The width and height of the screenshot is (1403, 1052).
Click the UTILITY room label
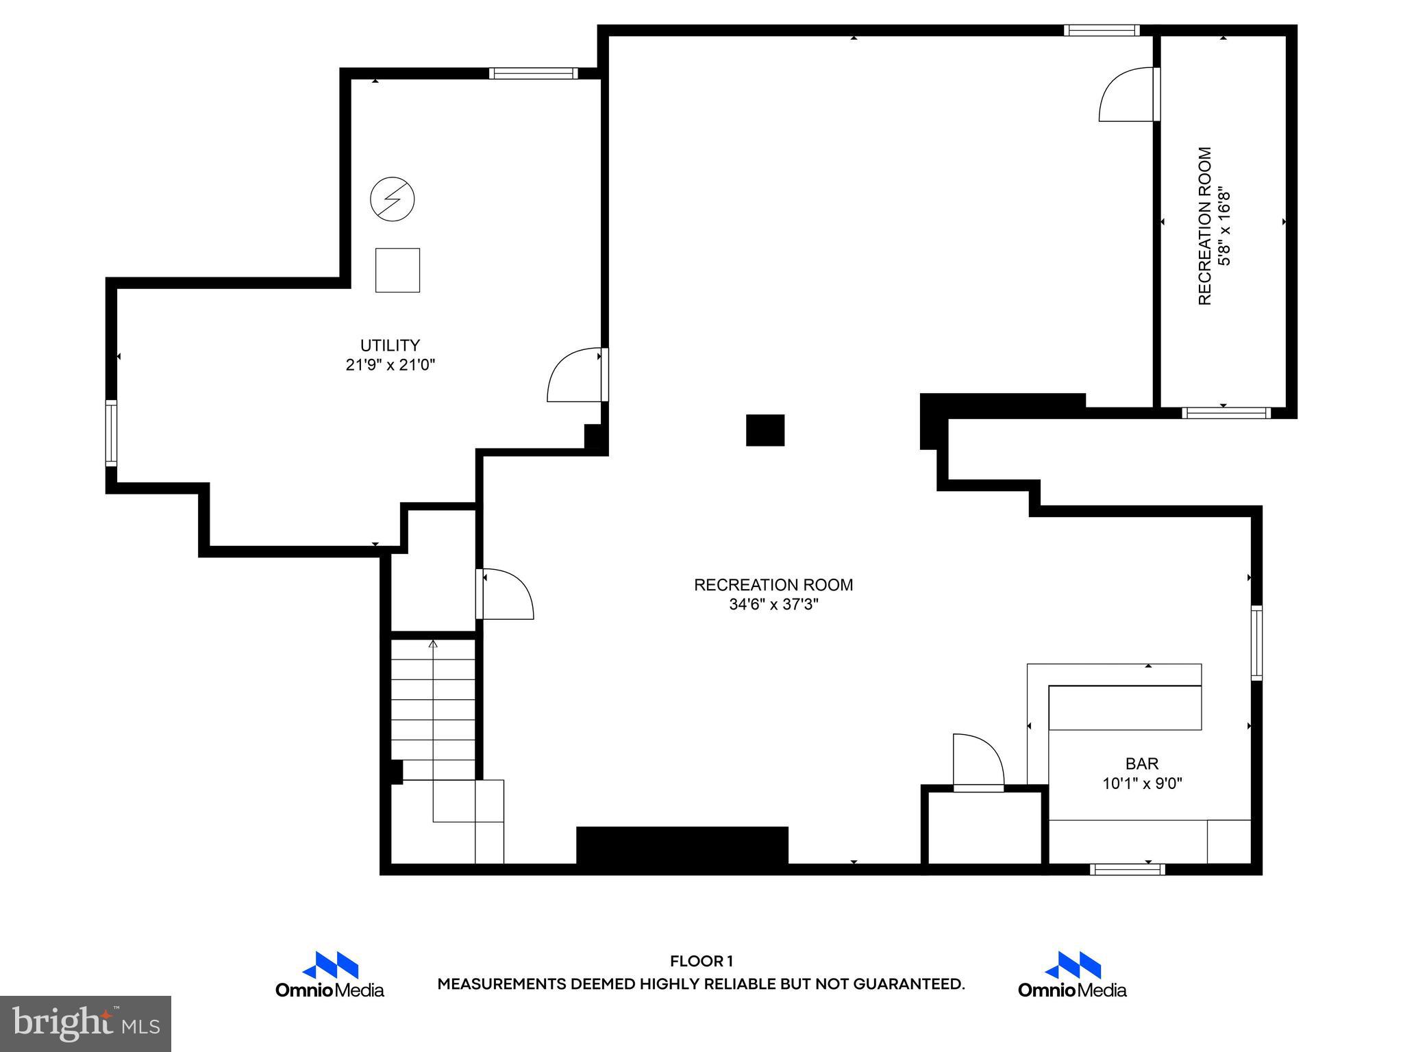390,345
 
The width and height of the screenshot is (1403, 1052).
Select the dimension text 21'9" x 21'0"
390,365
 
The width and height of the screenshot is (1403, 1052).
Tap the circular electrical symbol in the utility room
392,199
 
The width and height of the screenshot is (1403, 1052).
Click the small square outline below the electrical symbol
397,271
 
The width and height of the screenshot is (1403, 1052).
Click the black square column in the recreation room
765,430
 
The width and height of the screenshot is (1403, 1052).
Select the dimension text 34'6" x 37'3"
773,605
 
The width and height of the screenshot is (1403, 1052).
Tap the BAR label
1142,763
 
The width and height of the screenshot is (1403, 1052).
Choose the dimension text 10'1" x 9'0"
1142,784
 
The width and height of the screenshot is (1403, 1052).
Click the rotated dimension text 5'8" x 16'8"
1224,227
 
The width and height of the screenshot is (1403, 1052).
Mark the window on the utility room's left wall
111,434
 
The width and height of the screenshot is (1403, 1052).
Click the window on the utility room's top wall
533,73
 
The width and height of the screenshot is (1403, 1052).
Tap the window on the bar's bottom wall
1127,869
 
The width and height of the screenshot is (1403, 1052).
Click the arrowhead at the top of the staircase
433,644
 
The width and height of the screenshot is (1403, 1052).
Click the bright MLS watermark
86,1023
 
